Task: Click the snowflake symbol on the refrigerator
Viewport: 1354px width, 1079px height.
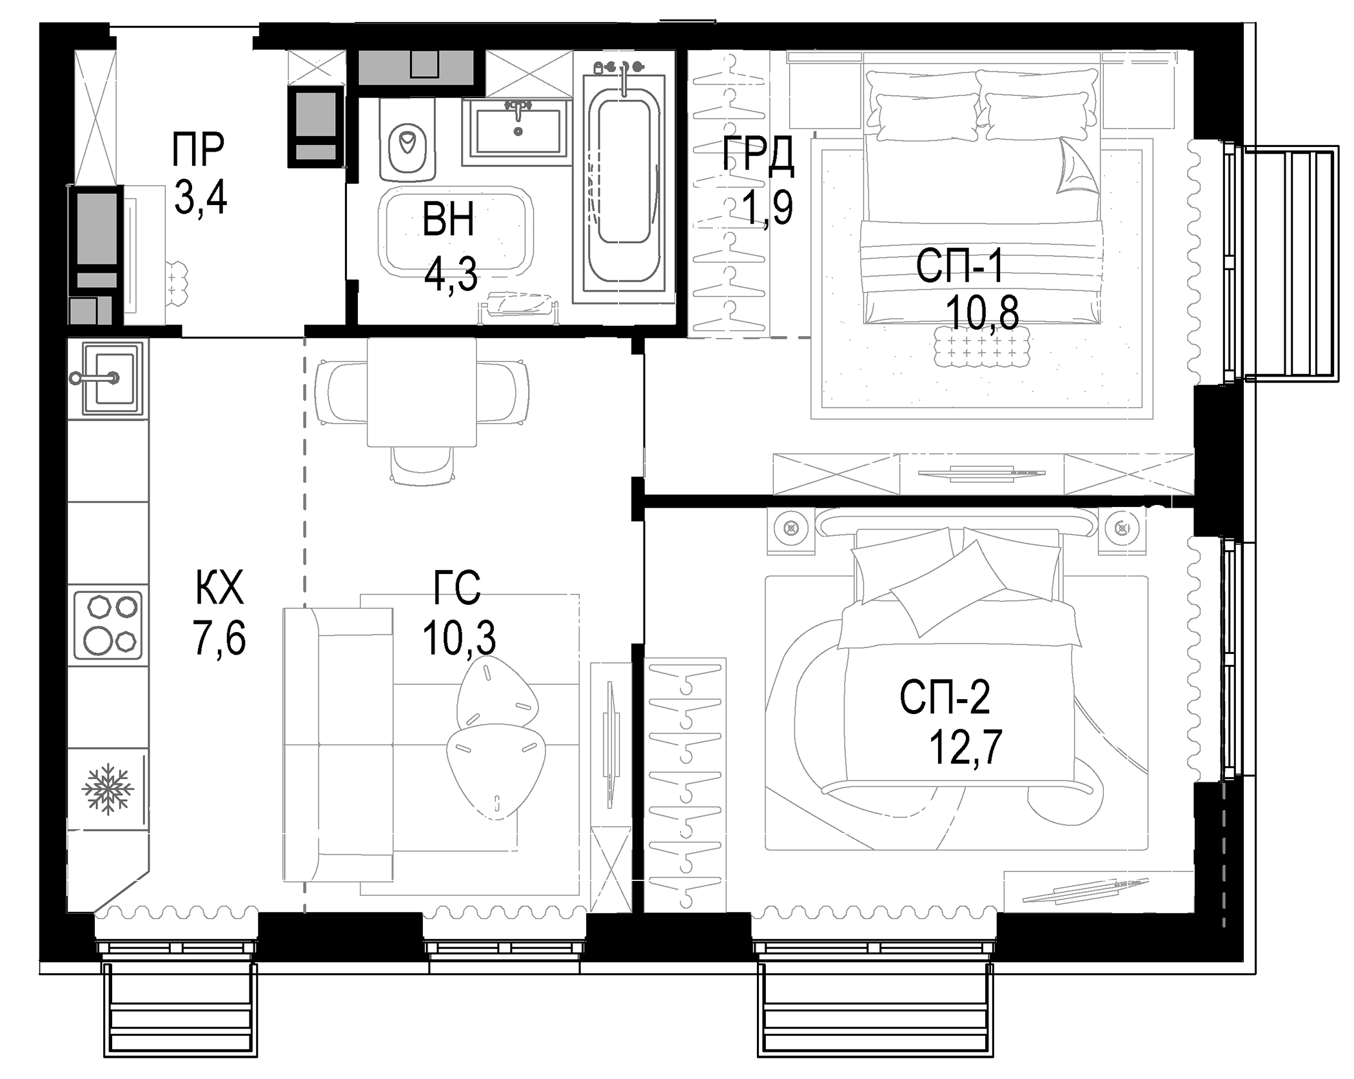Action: point(108,789)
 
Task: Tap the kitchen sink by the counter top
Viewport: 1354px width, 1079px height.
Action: point(107,378)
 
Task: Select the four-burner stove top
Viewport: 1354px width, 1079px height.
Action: point(108,624)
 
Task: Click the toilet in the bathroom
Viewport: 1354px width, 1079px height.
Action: point(407,145)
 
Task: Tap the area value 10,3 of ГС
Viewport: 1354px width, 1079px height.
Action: point(459,638)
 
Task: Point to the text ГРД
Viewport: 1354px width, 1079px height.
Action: point(758,155)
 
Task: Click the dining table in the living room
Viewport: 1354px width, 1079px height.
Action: point(422,392)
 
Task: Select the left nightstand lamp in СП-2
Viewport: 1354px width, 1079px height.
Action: point(790,528)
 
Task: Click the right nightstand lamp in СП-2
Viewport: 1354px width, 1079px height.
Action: point(1123,528)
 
